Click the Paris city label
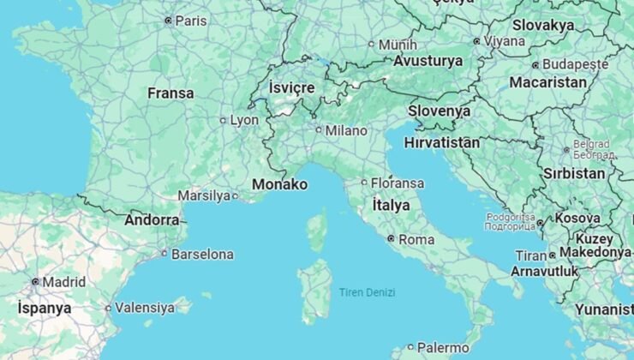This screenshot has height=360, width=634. point(190,20)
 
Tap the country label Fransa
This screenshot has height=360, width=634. point(170,93)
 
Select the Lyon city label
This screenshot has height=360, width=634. point(243,120)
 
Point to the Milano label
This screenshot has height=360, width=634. point(345,130)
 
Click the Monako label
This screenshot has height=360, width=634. point(279,184)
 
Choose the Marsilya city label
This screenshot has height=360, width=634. point(204,195)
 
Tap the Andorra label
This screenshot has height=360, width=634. point(152,220)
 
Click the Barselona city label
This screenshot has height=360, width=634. point(202,254)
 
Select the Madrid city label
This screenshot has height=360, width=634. point(64,281)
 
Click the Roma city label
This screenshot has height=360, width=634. point(416,239)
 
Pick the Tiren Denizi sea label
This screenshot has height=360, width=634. point(367,292)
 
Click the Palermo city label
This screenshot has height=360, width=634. point(444,347)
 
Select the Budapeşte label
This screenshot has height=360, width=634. point(575,64)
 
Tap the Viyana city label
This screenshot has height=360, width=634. point(505,40)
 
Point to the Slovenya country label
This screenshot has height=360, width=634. point(439,111)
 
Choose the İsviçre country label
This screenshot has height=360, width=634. point(292,87)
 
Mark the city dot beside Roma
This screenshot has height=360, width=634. point(391,239)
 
